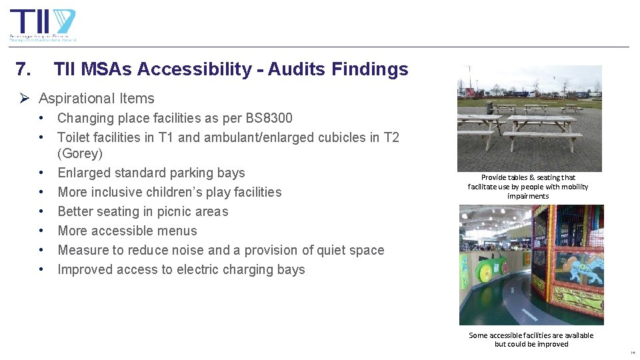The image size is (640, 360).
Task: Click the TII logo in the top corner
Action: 43,25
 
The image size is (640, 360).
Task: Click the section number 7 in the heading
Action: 21,69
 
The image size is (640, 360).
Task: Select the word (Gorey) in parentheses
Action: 80,153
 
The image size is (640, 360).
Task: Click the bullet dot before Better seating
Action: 41,211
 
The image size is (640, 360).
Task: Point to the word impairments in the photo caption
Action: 528,196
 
